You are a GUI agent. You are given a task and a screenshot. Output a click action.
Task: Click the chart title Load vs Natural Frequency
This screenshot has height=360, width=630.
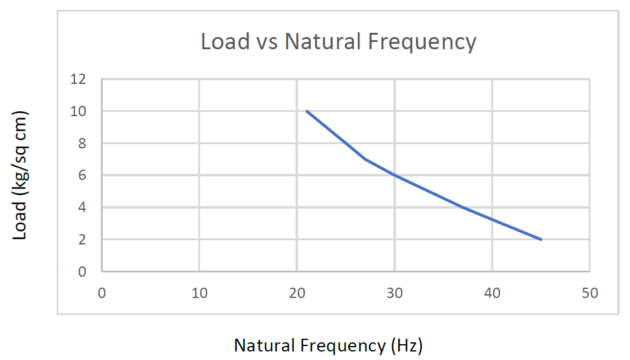tap(338, 41)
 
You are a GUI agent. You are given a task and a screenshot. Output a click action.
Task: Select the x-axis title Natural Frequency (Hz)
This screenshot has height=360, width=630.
tap(328, 345)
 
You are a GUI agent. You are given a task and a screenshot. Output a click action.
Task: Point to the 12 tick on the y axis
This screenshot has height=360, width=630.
tap(80, 79)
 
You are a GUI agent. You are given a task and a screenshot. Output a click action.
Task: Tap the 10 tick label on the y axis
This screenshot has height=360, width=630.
tap(80, 111)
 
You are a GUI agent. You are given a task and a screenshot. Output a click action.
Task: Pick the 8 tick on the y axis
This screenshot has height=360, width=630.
tap(82, 144)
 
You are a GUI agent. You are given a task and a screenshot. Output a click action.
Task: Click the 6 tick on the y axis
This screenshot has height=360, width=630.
tap(82, 175)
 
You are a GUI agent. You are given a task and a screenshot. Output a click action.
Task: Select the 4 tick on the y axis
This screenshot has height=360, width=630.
tap(82, 207)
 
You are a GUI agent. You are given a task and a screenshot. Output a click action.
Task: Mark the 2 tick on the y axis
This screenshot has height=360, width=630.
tap(82, 240)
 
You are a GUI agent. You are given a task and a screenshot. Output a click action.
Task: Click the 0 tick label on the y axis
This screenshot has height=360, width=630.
tap(82, 271)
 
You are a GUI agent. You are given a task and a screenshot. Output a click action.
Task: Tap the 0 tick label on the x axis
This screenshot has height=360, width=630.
tap(102, 293)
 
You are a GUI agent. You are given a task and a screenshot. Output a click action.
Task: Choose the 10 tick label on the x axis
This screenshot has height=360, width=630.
tap(199, 293)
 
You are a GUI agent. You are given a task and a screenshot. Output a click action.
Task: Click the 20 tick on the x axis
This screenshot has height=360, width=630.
tap(297, 293)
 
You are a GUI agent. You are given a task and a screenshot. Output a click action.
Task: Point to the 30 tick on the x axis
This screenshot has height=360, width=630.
tap(395, 293)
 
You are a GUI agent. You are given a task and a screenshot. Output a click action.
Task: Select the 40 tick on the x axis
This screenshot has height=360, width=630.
tap(492, 293)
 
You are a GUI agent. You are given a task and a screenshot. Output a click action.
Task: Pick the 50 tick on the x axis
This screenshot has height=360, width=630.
tap(590, 293)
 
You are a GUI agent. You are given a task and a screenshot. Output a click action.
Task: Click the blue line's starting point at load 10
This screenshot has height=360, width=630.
tap(307, 111)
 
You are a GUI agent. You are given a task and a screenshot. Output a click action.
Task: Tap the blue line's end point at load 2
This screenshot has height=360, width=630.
tap(541, 240)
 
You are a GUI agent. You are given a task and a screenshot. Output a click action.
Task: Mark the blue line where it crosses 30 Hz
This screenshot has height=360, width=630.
tap(395, 175)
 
